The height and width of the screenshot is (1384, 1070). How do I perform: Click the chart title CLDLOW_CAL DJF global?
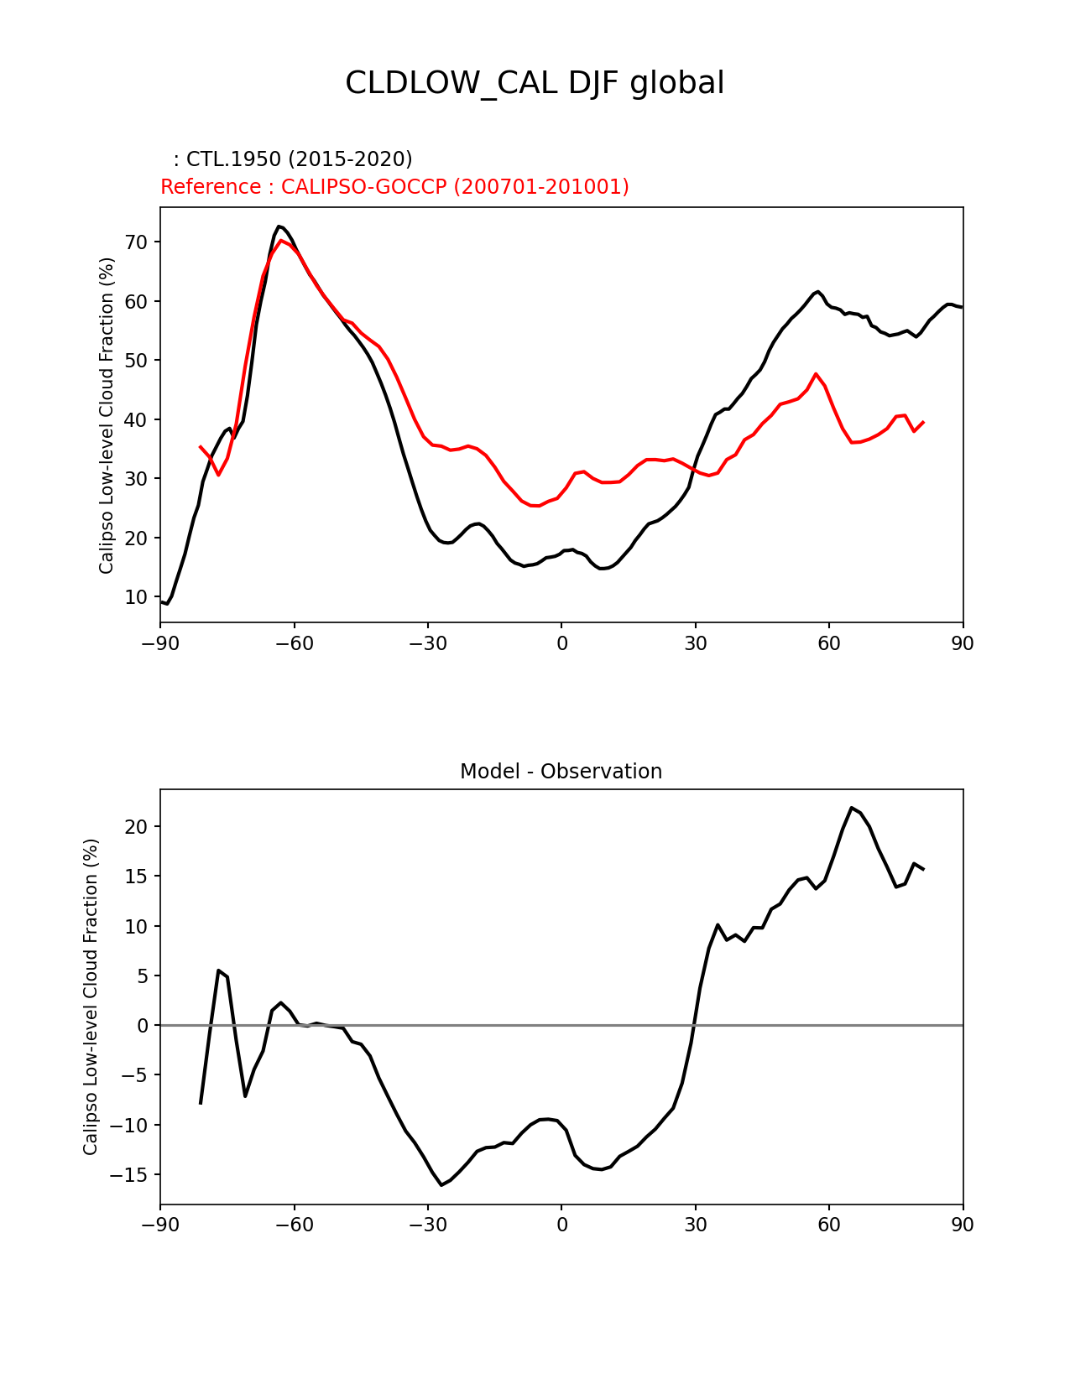tap(535, 83)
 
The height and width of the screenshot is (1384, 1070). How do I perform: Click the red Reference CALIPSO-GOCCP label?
tap(394, 187)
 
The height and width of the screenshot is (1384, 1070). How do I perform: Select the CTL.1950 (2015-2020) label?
tap(293, 159)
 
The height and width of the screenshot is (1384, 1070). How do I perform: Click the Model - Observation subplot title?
tap(561, 772)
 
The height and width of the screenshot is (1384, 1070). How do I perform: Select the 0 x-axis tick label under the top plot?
tap(561, 643)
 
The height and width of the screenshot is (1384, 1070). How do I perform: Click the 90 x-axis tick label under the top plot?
tap(963, 643)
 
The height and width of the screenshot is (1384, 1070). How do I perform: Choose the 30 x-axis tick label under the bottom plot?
tap(695, 1225)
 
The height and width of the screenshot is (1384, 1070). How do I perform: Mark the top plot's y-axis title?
tap(106, 415)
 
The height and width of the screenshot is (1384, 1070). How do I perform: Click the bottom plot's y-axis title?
tap(91, 996)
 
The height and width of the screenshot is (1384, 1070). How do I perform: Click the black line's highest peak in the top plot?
tap(279, 226)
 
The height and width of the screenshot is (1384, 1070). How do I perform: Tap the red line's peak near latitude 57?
tap(816, 374)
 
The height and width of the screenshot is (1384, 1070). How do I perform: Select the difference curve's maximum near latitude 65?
tap(852, 808)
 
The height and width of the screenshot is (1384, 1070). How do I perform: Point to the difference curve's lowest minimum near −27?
tap(441, 1184)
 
